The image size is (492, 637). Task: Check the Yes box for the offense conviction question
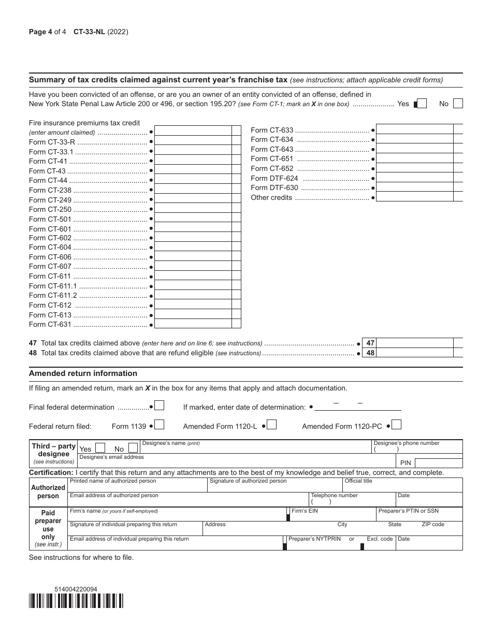click(422, 104)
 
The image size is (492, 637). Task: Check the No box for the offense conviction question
click(458, 104)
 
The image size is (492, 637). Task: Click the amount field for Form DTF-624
click(414, 178)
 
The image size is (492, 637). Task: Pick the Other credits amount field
click(414, 197)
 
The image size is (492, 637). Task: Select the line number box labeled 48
click(370, 353)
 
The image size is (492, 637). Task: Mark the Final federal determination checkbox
click(160, 406)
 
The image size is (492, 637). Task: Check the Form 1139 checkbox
click(160, 425)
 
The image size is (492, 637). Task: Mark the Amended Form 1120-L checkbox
click(271, 425)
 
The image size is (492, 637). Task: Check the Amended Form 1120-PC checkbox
click(397, 425)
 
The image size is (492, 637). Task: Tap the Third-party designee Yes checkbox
click(101, 448)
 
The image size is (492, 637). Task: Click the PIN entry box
click(438, 462)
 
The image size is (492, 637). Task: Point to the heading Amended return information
click(83, 373)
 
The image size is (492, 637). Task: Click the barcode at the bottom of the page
click(76, 600)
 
